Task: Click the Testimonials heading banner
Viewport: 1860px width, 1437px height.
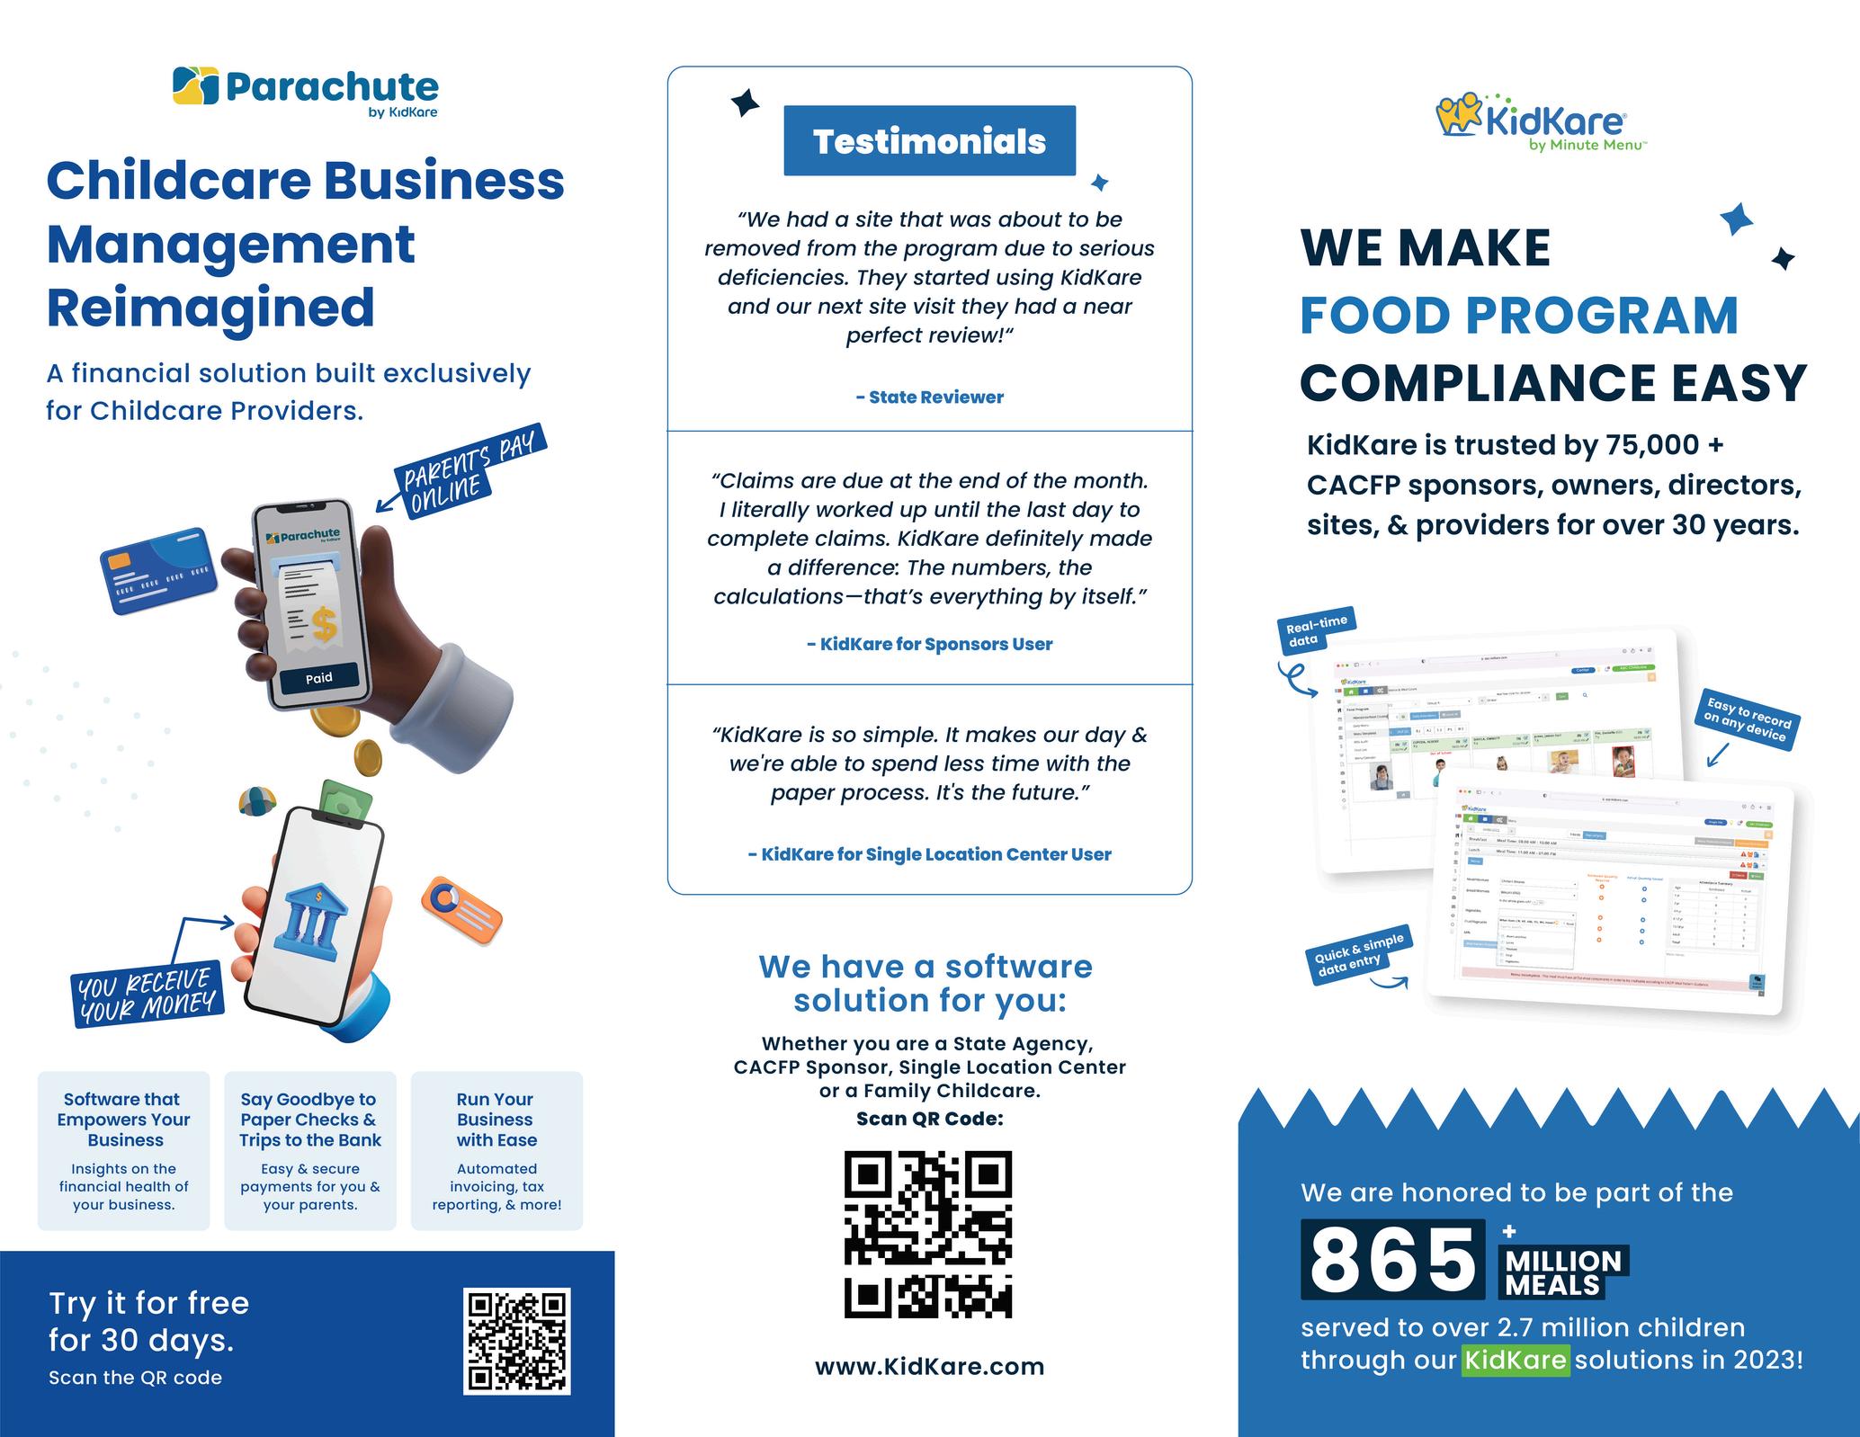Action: point(929,141)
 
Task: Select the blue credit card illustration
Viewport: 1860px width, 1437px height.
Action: point(160,570)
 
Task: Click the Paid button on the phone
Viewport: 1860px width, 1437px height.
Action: point(319,678)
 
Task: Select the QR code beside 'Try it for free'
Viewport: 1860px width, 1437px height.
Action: point(516,1340)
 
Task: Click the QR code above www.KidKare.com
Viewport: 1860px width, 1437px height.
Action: point(928,1235)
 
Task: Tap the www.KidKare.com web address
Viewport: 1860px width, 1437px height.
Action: point(929,1367)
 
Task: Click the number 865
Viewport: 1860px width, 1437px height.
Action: point(1392,1261)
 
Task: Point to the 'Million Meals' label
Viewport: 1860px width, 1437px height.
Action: point(1563,1272)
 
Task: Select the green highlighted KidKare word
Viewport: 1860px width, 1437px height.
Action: point(1516,1359)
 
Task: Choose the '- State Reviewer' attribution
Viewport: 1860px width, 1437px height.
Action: point(929,397)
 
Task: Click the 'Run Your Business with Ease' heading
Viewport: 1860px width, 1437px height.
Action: point(496,1120)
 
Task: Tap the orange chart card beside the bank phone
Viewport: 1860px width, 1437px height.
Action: point(461,909)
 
